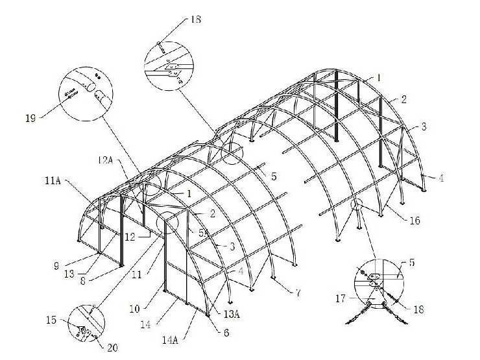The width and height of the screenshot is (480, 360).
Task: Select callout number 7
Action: [298, 293]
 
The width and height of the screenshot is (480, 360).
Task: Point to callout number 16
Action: [414, 221]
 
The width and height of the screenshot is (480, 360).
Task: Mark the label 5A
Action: [203, 232]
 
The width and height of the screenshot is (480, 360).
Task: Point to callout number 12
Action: [130, 237]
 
